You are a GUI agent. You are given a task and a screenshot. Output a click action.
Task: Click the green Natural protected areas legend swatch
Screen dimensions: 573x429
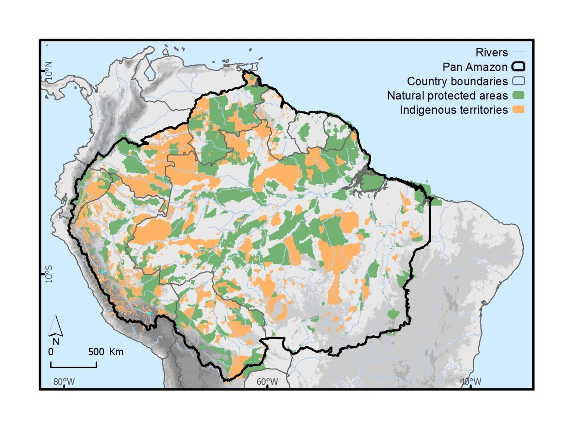pos(518,95)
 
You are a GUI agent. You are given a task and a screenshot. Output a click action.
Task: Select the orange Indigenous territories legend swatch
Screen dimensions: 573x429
pos(518,110)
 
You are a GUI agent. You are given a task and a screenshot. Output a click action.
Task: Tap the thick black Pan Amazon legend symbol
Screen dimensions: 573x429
pos(518,67)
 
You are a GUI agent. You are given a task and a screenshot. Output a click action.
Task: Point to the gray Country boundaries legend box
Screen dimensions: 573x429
pos(518,81)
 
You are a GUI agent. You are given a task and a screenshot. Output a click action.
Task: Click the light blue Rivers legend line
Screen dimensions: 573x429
pos(518,52)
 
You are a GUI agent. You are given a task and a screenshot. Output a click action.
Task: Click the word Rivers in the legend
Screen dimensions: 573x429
pos(491,53)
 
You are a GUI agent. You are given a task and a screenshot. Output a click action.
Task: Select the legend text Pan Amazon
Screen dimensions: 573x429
pos(475,67)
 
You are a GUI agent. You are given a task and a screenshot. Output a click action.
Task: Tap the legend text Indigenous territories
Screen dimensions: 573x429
pos(454,110)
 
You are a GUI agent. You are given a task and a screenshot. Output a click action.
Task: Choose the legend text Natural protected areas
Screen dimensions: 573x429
pos(447,96)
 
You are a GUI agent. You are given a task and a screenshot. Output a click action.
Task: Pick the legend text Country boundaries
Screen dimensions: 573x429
pos(457,81)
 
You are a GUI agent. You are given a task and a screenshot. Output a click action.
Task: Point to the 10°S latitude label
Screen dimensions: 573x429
pos(49,274)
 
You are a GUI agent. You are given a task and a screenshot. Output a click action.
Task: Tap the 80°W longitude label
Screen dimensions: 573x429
pos(64,382)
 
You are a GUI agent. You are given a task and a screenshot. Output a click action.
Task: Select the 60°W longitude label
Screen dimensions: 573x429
pos(267,382)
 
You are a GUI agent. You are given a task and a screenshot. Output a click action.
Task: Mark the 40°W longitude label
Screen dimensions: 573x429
pos(470,382)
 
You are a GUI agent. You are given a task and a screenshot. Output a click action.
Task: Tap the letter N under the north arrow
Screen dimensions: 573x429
pos(56,341)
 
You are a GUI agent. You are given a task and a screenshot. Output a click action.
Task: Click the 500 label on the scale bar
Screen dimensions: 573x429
pos(96,352)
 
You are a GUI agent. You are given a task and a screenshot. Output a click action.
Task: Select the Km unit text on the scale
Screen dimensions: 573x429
pos(116,352)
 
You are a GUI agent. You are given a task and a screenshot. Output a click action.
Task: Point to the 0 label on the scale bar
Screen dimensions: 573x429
pos(51,352)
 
